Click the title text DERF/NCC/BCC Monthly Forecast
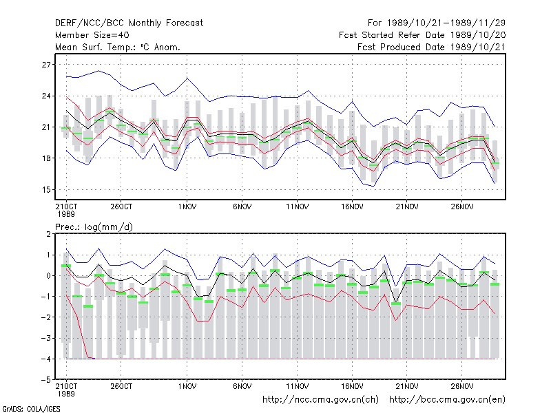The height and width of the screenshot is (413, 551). (x=129, y=23)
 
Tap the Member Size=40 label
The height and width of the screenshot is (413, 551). (x=92, y=35)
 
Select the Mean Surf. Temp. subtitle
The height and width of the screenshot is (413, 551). (x=118, y=47)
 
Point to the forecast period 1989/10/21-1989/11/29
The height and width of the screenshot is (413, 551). (x=437, y=23)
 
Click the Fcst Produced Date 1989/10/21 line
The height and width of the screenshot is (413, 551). (x=431, y=47)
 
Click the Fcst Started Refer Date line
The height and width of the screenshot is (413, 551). (x=422, y=35)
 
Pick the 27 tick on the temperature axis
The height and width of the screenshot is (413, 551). (x=46, y=65)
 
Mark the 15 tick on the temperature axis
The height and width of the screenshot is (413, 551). (x=46, y=190)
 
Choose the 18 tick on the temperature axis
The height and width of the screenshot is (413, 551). (x=46, y=158)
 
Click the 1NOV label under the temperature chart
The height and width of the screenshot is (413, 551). (x=187, y=206)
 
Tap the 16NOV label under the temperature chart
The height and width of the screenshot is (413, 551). (x=352, y=206)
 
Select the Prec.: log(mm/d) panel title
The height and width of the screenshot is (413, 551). (x=94, y=227)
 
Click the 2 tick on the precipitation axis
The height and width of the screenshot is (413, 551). (x=48, y=234)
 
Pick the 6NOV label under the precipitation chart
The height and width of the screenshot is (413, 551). (x=242, y=386)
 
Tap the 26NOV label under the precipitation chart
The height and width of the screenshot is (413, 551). (x=461, y=386)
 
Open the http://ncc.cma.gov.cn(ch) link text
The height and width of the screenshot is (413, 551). (x=320, y=400)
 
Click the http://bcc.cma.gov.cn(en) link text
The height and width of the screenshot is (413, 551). (x=447, y=400)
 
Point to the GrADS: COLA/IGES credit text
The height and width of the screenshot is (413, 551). (x=32, y=409)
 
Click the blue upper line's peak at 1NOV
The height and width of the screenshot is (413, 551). (x=187, y=78)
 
